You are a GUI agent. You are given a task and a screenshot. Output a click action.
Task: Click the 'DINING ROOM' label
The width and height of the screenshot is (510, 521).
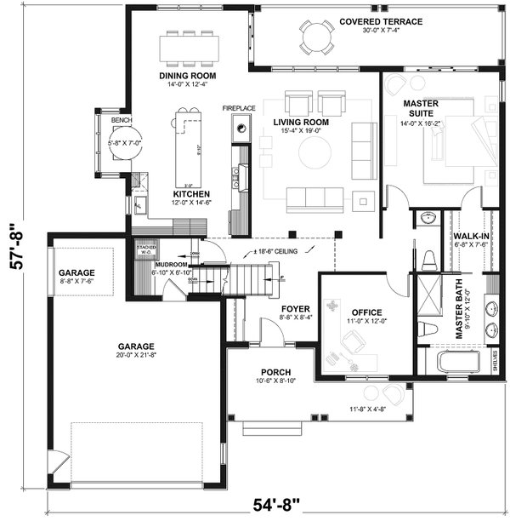pyautogui.click(x=189, y=75)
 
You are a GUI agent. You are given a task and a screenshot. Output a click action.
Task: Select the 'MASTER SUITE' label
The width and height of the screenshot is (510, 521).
pyautogui.click(x=421, y=109)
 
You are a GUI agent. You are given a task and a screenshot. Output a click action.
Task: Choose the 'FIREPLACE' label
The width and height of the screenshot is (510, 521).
pyautogui.click(x=239, y=109)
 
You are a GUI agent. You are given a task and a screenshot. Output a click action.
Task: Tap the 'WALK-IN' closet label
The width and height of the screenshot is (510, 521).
pyautogui.click(x=470, y=236)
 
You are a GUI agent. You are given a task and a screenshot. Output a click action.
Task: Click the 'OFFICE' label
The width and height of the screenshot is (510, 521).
pyautogui.click(x=366, y=312)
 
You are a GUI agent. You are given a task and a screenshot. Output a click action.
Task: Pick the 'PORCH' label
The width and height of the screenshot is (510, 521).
pyautogui.click(x=276, y=372)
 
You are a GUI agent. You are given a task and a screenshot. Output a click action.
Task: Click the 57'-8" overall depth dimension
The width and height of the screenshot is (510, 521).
pyautogui.click(x=18, y=246)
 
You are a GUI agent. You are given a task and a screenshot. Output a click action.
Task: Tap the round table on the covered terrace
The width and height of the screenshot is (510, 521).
pyautogui.click(x=316, y=37)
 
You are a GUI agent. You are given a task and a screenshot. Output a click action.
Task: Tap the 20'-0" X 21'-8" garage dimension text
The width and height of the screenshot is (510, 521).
pyautogui.click(x=136, y=357)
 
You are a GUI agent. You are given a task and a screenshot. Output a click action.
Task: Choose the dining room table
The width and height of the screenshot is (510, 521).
pyautogui.click(x=189, y=50)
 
